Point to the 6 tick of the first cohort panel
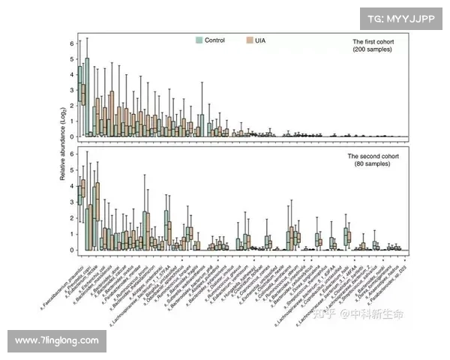72,43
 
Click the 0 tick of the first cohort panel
72,136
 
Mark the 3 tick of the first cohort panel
72,90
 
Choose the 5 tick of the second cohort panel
72,170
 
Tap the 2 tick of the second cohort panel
72,217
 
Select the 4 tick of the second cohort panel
72,186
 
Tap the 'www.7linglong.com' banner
57,341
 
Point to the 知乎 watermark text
325,314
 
